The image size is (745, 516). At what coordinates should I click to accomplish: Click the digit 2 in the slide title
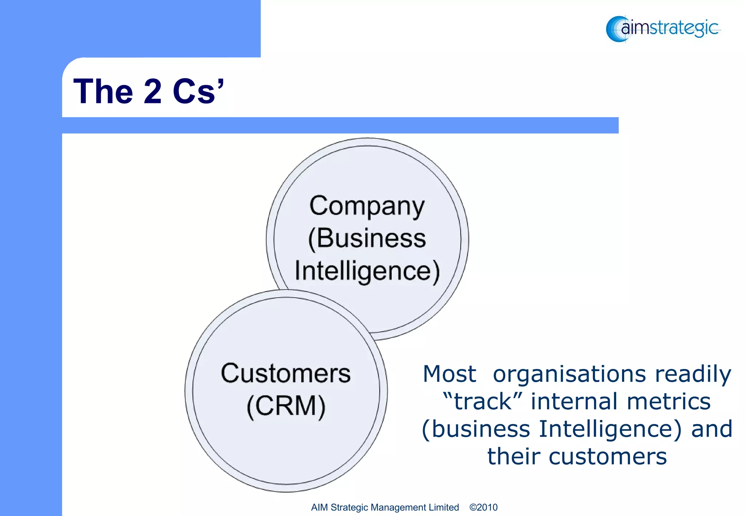click(x=152, y=91)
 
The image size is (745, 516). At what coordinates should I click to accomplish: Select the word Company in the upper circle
click(x=367, y=206)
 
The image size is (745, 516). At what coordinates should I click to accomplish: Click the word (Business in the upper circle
click(x=367, y=239)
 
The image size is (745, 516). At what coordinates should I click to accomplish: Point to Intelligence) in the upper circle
click(x=367, y=271)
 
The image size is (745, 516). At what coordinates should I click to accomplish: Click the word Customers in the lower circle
click(x=286, y=373)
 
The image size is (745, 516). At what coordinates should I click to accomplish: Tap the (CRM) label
click(x=286, y=406)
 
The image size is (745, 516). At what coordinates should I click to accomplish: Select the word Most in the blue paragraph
click(x=449, y=374)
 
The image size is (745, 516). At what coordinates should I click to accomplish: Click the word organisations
click(x=569, y=374)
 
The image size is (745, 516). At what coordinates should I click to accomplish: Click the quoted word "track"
click(x=483, y=401)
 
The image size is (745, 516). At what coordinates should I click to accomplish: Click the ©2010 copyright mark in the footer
click(x=483, y=507)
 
